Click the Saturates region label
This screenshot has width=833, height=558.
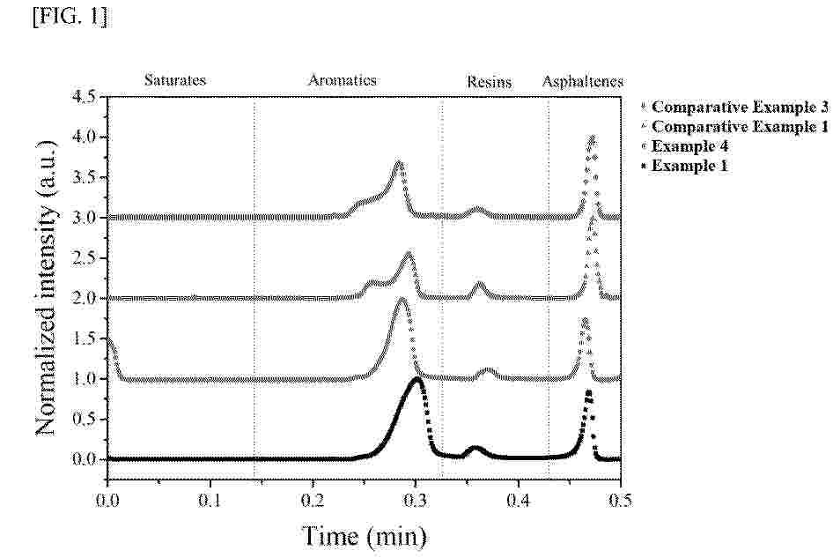[174, 80]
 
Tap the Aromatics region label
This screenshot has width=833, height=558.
[342, 80]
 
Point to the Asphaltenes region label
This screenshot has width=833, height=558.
[582, 82]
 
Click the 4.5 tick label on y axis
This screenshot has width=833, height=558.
[85, 97]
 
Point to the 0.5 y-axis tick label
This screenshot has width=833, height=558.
[85, 420]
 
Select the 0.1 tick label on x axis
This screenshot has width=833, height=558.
[210, 498]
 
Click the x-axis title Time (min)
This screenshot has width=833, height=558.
[364, 534]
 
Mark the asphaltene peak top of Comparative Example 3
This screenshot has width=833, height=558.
[592, 137]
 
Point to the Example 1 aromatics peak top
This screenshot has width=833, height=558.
[416, 379]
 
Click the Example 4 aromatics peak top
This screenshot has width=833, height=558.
[402, 301]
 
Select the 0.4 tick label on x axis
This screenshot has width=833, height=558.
[518, 498]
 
